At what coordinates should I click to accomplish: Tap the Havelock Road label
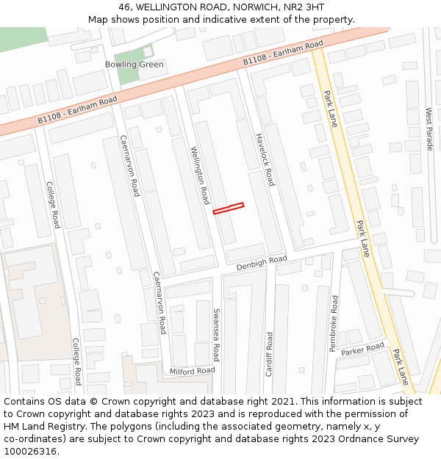[x=265, y=159]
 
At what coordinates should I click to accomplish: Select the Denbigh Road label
[x=262, y=262]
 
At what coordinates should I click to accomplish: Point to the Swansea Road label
[x=216, y=334]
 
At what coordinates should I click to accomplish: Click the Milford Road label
[x=192, y=371]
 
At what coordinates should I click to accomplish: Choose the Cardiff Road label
[x=270, y=354]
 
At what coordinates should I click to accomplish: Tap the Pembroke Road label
[x=334, y=322]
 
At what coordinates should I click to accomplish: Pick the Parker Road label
[x=362, y=348]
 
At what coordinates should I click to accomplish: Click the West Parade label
[x=429, y=129]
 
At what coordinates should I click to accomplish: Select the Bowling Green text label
[x=135, y=65]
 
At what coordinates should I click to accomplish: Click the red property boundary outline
[x=228, y=209]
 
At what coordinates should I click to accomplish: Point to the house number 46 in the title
[x=124, y=7]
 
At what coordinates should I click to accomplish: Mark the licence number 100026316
[x=31, y=452]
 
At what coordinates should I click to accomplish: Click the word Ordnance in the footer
[x=355, y=439]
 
